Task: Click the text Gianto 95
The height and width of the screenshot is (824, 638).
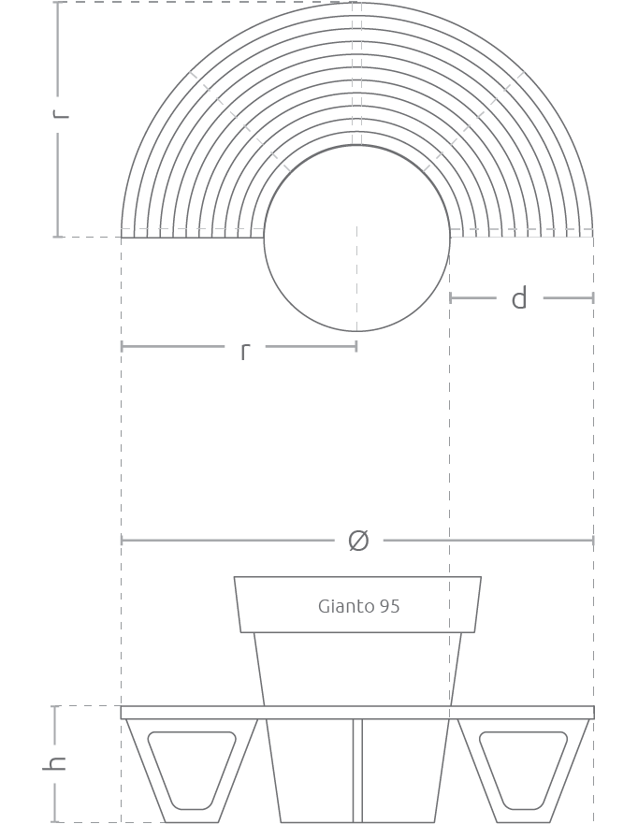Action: coord(358,606)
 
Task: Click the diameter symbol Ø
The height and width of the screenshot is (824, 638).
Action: coord(358,541)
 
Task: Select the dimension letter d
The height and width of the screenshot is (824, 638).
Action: coord(518,298)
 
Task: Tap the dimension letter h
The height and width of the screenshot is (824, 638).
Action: coord(54,763)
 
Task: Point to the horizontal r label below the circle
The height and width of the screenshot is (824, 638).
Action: coord(245,352)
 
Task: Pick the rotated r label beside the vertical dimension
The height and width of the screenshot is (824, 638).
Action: coord(61,113)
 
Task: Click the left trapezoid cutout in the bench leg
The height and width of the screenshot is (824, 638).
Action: coord(192,770)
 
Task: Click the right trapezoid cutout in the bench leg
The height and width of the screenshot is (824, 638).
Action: coord(523,770)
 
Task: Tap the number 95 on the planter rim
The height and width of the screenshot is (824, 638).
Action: coord(389,606)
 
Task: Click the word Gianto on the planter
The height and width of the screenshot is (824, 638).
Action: coord(346,606)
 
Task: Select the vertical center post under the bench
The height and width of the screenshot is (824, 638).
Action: coord(357,771)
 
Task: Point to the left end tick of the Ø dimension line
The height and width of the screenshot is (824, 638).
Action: coord(122,541)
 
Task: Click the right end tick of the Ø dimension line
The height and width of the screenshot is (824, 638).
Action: coord(593,541)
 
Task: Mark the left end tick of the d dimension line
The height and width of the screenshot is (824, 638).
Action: coord(450,298)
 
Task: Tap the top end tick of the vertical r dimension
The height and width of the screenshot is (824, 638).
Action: coord(58,2)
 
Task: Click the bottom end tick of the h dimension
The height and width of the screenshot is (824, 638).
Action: coord(54,822)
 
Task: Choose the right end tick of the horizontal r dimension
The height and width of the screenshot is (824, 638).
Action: coord(356,346)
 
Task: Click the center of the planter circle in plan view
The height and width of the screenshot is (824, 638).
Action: coord(356,239)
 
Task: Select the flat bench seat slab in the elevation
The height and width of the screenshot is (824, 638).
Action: coord(357,712)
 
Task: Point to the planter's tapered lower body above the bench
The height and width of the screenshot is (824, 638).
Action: coord(357,669)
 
